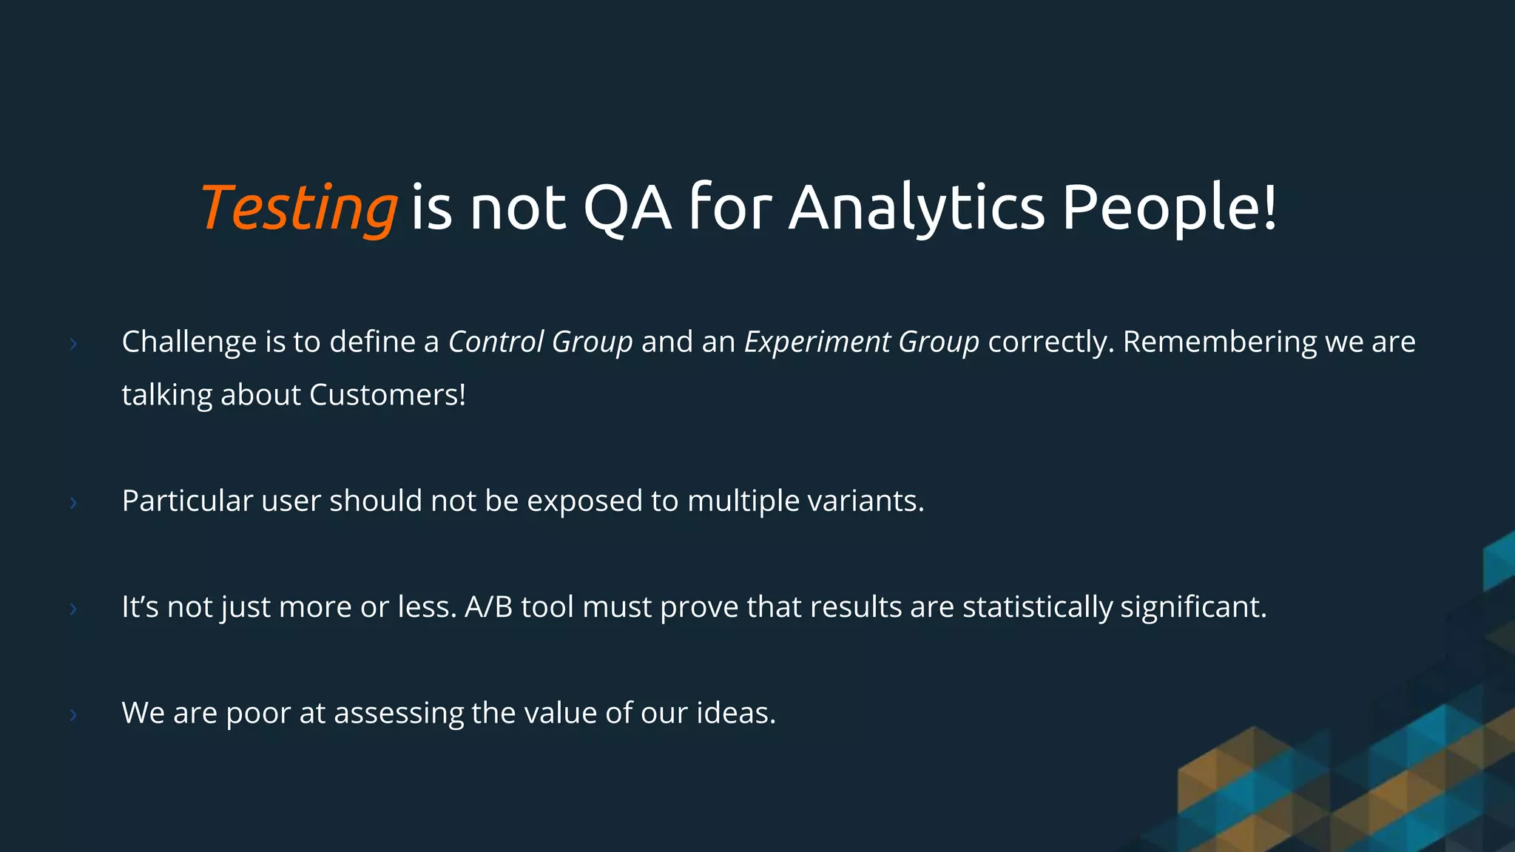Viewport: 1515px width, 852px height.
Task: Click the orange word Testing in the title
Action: tap(299, 208)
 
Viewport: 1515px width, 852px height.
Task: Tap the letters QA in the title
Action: tap(627, 208)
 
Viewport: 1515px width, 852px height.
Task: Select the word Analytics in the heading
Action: tap(917, 208)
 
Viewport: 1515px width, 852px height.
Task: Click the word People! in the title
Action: tap(1170, 208)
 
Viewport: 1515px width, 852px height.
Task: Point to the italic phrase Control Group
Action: tap(540, 342)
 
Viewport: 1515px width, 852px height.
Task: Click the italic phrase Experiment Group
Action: tap(861, 342)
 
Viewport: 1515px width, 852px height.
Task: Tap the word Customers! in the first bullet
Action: tap(388, 395)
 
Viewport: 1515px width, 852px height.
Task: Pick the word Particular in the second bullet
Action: tap(187, 501)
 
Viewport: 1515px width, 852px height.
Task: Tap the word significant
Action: tap(1192, 607)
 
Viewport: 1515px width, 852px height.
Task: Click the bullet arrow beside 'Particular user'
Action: tap(73, 503)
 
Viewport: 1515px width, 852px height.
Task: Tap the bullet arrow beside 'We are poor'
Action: tap(73, 714)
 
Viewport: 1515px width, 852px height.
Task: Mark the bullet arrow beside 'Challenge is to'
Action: tap(73, 343)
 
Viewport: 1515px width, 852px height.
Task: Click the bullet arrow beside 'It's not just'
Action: tap(73, 609)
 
